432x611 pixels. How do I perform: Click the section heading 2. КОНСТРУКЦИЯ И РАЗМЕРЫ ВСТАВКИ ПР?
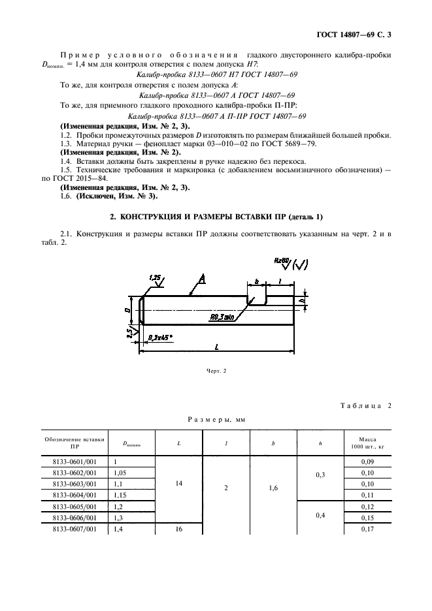coord(216,216)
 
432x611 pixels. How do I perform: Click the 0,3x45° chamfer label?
coord(163,337)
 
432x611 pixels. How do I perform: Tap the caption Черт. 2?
coord(216,371)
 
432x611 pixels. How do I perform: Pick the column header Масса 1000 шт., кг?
coord(367,443)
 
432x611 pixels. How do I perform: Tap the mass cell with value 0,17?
coord(367,529)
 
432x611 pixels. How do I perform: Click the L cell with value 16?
coord(178,529)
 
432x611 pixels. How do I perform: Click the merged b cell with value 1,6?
coord(274,486)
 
